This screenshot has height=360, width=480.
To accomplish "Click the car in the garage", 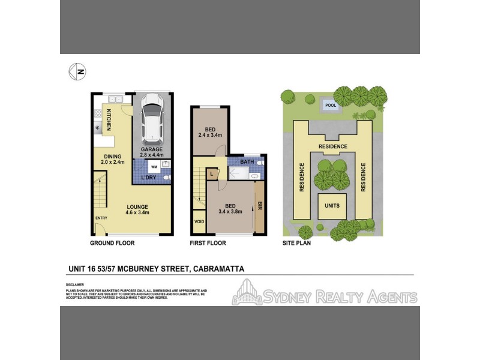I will point(152,119).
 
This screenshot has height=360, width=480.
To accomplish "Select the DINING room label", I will point(113,158).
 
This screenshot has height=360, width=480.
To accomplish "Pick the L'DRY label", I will point(149,178).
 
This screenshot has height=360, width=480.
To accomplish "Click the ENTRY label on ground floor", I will point(101,218).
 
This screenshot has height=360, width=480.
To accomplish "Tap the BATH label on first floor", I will point(247,162).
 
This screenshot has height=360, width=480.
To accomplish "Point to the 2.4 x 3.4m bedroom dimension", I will point(210,136).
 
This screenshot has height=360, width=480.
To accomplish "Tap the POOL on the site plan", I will point(330,105).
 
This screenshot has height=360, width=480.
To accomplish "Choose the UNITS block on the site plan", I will point(332,206).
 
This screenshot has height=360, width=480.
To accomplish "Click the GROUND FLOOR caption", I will point(112,243).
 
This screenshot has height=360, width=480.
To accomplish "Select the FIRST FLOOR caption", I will point(208,243).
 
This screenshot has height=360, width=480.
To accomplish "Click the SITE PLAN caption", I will point(296,243).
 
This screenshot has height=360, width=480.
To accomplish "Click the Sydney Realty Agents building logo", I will point(247,293).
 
